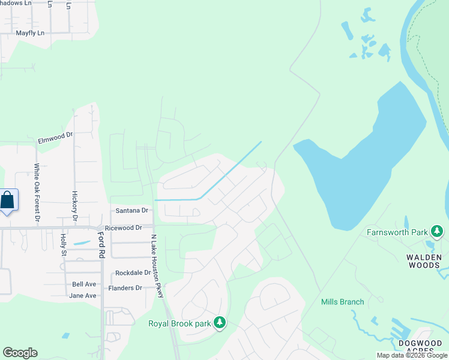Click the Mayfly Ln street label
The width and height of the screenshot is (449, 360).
pyautogui.click(x=30, y=33)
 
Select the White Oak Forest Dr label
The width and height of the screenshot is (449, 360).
pyautogui.click(x=37, y=193)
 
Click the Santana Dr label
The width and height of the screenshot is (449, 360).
pyautogui.click(x=131, y=211)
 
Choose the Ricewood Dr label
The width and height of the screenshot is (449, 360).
pyautogui.click(x=123, y=228)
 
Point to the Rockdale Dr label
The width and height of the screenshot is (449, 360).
pyautogui.click(x=133, y=272)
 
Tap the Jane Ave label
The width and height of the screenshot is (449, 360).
pyautogui.click(x=83, y=296)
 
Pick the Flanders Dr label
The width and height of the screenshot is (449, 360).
pyautogui.click(x=125, y=288)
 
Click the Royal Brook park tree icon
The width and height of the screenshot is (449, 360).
pyautogui.click(x=220, y=323)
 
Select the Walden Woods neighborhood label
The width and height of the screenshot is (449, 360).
pyautogui.click(x=424, y=262)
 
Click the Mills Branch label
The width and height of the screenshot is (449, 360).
pyautogui.click(x=342, y=302)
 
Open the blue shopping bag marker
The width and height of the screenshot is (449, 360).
pyautogui.click(x=8, y=200)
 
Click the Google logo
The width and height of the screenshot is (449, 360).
pyautogui.click(x=20, y=353)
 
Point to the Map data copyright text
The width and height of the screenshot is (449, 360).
pyautogui.click(x=412, y=355)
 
